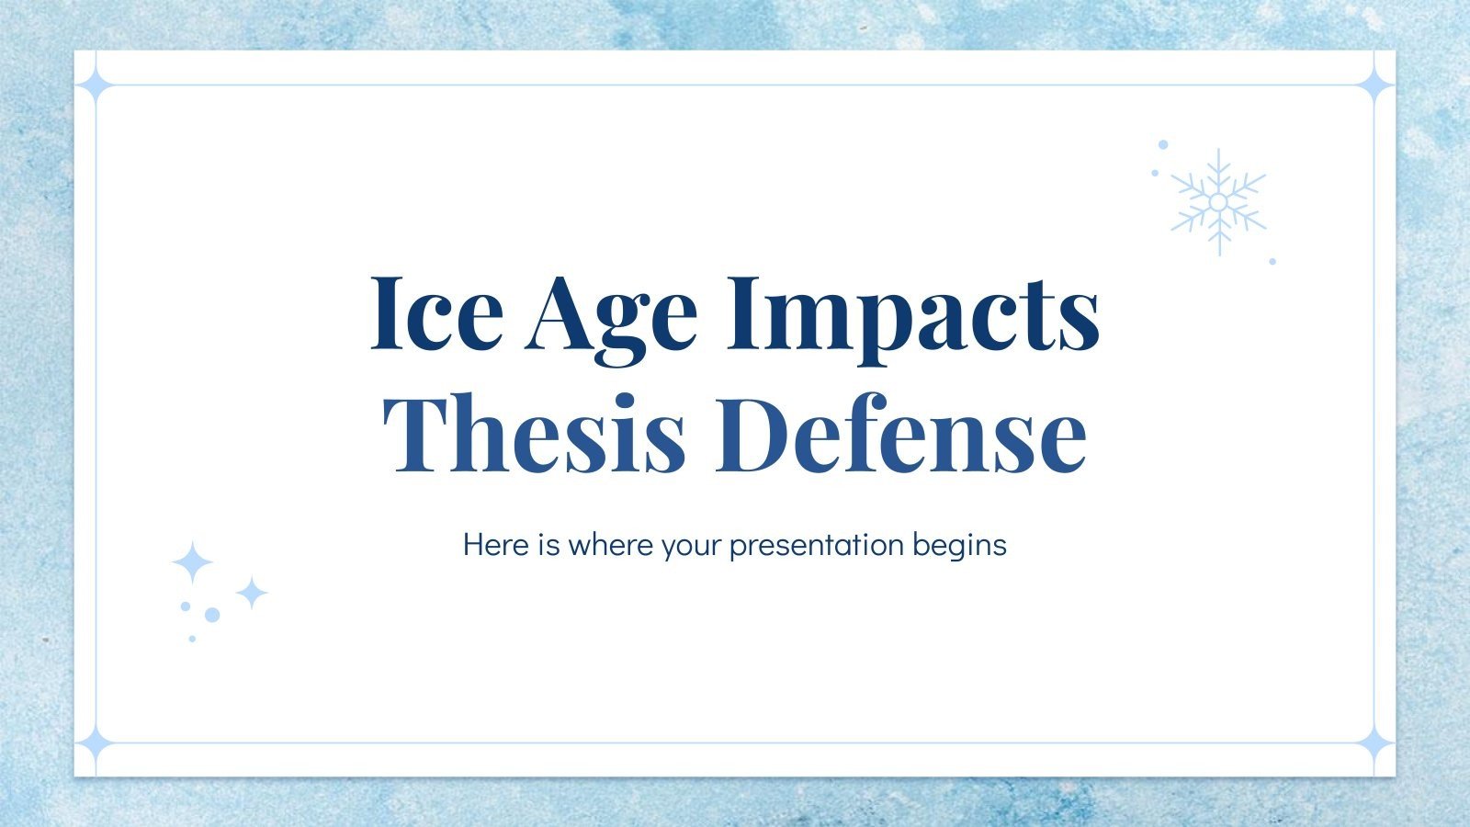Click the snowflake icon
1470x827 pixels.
[x=1218, y=202]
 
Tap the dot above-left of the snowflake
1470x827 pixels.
[x=1163, y=144]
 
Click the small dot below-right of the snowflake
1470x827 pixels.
[x=1272, y=261]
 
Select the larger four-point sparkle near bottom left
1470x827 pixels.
[x=192, y=562]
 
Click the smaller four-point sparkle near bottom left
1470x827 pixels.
[x=251, y=593]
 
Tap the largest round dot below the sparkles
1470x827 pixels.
[x=212, y=615]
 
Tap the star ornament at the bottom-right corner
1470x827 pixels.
[x=1375, y=742]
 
